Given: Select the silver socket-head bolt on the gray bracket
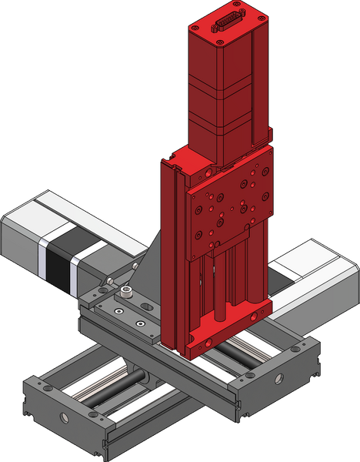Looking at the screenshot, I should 126,293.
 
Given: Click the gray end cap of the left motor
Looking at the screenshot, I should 19,239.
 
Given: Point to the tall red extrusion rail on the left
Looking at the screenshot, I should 172,254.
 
